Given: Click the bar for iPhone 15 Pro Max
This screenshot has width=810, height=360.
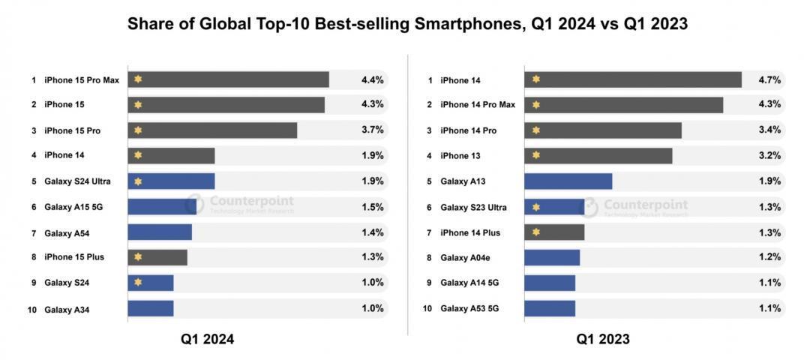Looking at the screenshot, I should (x=229, y=79).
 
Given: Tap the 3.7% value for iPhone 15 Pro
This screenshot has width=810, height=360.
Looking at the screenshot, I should (x=372, y=130).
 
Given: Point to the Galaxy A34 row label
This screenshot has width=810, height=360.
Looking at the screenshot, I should (x=67, y=309).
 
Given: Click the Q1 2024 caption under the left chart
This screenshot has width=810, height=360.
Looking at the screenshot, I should (x=207, y=339).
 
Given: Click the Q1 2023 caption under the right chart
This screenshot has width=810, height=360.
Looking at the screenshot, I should (x=603, y=339).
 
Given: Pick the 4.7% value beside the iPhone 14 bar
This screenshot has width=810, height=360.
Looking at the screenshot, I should (x=769, y=79).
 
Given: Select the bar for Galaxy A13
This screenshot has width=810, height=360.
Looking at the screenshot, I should (x=568, y=181).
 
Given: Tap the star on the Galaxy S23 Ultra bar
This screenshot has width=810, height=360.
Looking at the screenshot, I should (x=535, y=207).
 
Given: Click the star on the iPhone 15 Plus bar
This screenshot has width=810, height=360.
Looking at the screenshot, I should (x=138, y=257).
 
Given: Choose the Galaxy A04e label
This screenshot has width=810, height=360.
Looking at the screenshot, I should (x=463, y=258).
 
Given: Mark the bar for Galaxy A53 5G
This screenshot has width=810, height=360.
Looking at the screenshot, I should (x=550, y=308).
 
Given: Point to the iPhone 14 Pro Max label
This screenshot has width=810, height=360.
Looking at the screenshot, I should (x=478, y=105).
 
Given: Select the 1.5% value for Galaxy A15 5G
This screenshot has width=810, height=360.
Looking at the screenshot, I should (x=372, y=207).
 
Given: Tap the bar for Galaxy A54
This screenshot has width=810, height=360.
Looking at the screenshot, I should (x=160, y=232).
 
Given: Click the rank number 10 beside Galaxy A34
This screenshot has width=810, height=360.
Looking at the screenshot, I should (x=32, y=309).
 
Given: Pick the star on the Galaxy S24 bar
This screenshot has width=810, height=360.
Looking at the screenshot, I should (x=138, y=283).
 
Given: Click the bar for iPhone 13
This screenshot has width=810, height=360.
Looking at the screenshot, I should (x=598, y=156).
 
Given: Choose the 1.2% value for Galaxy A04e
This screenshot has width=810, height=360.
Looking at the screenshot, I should (x=769, y=257).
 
